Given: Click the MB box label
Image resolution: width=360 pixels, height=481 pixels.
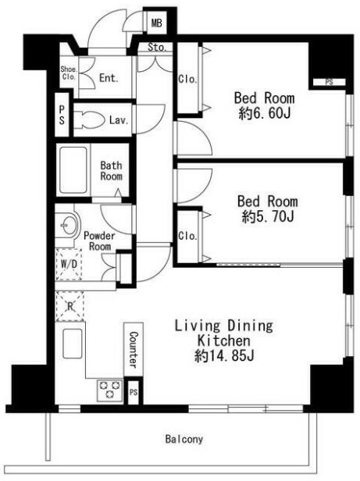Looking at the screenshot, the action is [x=156, y=23].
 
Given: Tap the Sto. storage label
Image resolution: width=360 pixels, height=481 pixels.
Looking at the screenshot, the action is [x=157, y=47].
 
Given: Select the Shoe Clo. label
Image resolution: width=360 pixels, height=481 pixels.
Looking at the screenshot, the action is [x=68, y=73].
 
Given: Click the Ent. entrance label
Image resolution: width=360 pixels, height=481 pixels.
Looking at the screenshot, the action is [x=109, y=77].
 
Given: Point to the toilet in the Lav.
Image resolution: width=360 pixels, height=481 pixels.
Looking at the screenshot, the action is [x=87, y=119].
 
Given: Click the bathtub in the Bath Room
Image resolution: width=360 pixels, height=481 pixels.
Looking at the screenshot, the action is [x=73, y=170].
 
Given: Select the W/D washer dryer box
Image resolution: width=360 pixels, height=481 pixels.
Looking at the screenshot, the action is [x=69, y=265].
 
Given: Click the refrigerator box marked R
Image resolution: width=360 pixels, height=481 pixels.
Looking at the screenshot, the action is [x=70, y=306].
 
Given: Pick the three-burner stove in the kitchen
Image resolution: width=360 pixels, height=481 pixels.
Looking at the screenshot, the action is [x=109, y=390].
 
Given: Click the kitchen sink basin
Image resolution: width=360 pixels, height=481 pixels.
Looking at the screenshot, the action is [x=73, y=344].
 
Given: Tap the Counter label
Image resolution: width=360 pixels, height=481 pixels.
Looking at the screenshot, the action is [x=134, y=349].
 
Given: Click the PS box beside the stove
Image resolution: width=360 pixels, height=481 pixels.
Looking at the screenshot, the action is [x=134, y=392].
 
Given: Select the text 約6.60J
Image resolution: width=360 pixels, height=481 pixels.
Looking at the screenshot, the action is [x=264, y=114].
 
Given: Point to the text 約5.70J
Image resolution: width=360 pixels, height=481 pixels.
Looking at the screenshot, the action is [x=268, y=217].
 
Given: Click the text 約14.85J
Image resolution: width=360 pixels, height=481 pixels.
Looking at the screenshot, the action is [x=224, y=356].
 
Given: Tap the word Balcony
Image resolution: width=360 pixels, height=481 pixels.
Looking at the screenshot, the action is [x=184, y=439].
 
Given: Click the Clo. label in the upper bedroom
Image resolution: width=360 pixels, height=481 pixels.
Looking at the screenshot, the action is [x=187, y=79].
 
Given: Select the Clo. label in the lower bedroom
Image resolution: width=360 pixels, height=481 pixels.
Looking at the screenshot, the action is [x=187, y=236].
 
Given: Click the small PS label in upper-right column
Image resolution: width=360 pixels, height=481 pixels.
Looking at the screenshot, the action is [x=329, y=82].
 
